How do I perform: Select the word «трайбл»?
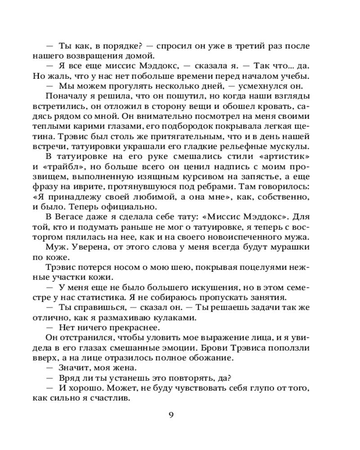pyautogui.click(x=58, y=166)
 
